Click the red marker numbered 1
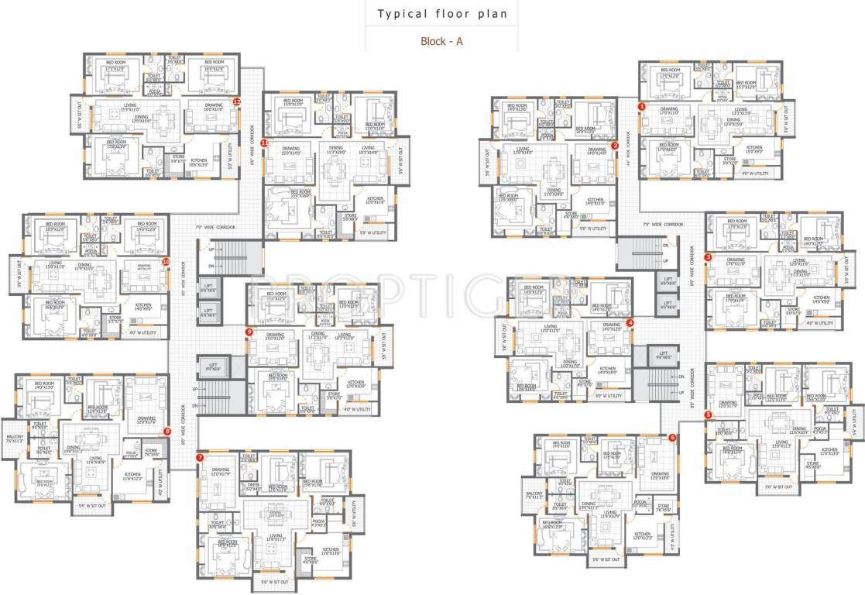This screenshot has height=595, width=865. coord(641,105)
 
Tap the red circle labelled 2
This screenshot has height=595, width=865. coord(615,145)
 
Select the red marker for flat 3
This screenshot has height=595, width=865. coord(708,256)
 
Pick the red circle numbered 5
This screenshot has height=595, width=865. coord(708,415)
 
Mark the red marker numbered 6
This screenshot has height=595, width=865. coord(671,437)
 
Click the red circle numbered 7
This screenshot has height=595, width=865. coord(200,458)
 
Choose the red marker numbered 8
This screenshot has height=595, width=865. coord(166,431)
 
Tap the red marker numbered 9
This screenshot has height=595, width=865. coord(249,332)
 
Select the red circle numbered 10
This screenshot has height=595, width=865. coord(166,262)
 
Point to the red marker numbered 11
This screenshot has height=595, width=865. coord(264,143)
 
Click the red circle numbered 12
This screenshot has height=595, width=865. coord(237,101)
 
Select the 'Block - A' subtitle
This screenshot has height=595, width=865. coord(441,41)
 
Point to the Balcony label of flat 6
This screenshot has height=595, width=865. coord(534,494)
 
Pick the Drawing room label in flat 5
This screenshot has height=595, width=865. coord(728,404)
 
